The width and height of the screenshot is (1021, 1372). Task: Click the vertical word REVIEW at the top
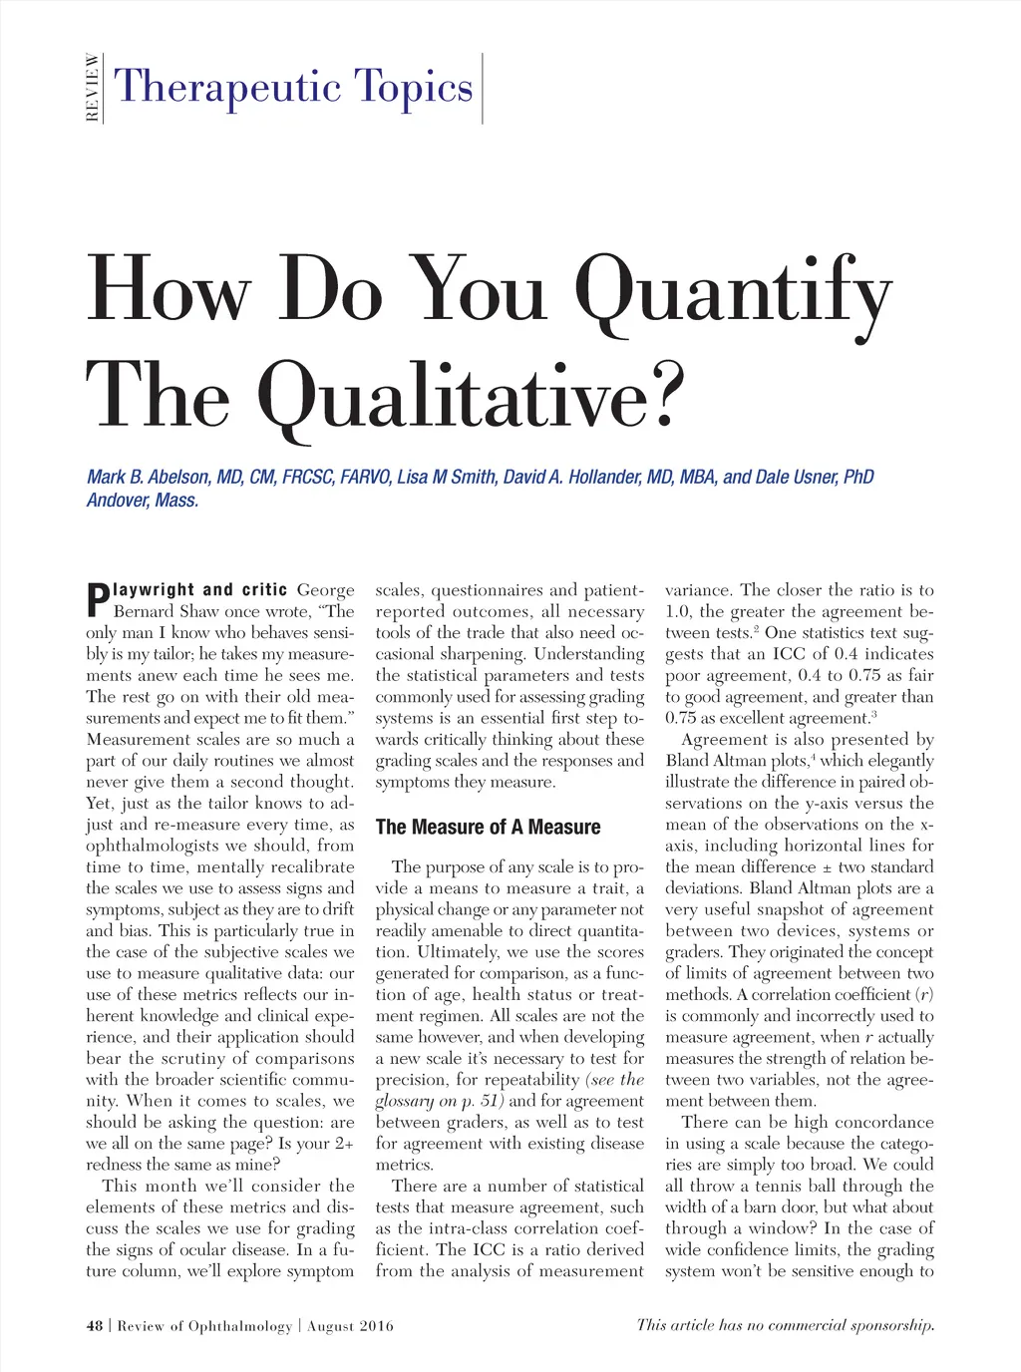coord(92,88)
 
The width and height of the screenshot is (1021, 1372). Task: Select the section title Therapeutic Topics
coord(293,87)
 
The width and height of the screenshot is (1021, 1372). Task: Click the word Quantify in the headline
coord(733,289)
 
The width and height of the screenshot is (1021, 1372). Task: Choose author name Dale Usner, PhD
coord(815,477)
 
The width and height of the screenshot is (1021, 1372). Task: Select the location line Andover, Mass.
coord(143,501)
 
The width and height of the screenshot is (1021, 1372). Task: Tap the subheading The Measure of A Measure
coord(488,827)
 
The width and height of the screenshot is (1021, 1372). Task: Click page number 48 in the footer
coord(95,1326)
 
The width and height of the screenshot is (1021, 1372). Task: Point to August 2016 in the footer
coord(350,1326)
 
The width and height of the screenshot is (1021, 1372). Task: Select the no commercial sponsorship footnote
coord(786,1325)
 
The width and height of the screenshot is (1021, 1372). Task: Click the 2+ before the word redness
coord(342,1144)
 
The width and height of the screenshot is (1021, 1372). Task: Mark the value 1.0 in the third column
coord(678,611)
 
